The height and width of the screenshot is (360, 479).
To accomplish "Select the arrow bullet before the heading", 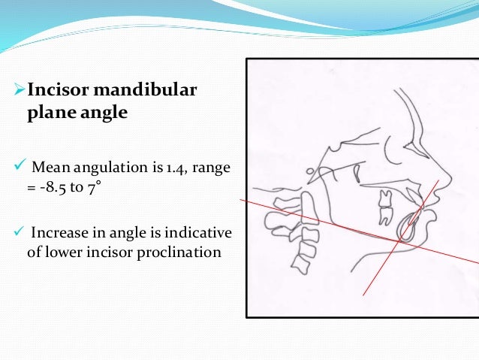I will pos(20,92).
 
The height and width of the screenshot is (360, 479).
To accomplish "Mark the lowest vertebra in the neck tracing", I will pos(302,263).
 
